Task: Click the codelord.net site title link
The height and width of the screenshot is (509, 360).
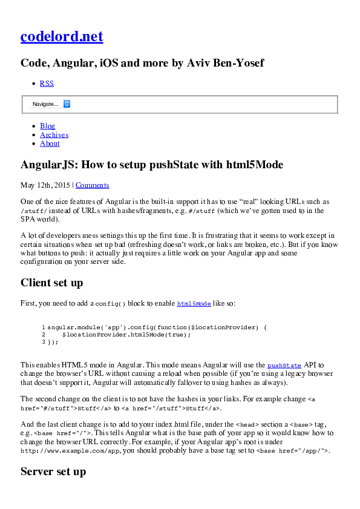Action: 62,37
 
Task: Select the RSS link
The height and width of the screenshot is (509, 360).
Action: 47,84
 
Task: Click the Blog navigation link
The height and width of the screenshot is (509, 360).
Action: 47,126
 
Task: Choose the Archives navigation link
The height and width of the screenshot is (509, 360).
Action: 54,135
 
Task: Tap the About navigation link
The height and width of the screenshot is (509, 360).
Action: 50,143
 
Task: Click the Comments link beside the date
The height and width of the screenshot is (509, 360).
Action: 92,185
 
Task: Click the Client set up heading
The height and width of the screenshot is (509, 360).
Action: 52,283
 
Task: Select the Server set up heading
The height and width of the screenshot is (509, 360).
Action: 53,471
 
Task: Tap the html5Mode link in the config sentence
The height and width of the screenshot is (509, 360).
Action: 194,304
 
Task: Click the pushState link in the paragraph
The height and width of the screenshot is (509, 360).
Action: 284,366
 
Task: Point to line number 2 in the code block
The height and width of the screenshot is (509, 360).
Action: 44,334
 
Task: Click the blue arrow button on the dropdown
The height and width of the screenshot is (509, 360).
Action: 67,104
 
